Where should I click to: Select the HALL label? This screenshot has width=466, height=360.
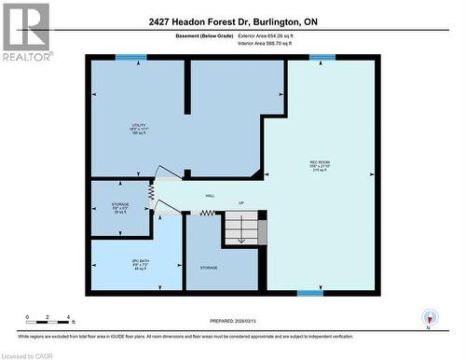coord(212,196)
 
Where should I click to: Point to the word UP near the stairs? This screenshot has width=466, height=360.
coord(240,202)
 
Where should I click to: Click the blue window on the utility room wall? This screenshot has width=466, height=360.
coord(130,58)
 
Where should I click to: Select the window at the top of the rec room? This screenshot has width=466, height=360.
coord(322,58)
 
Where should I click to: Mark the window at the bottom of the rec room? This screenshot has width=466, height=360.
coord(310,292)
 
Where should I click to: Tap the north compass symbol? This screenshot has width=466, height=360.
coord(429,318)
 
